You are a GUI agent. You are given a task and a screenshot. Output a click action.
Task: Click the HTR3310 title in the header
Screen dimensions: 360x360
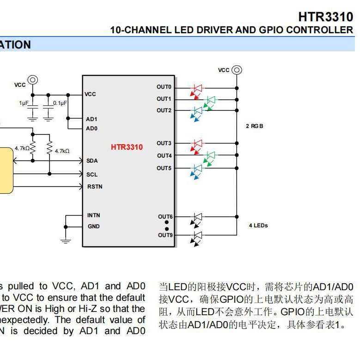[x=325, y=17]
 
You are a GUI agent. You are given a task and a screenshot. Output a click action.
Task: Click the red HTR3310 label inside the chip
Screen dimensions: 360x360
[x=127, y=147]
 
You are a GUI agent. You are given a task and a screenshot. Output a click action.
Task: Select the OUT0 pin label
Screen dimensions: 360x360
[x=164, y=87]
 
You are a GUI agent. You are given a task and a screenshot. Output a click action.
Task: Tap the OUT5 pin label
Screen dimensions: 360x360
[x=164, y=168]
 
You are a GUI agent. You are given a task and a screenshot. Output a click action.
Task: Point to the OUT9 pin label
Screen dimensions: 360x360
[x=165, y=235]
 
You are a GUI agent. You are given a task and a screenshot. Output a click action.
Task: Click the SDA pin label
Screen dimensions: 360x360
[x=92, y=161]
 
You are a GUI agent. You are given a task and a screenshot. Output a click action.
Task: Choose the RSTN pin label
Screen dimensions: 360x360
[x=95, y=187]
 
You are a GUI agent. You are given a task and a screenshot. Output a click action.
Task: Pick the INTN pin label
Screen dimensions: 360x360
[x=93, y=215]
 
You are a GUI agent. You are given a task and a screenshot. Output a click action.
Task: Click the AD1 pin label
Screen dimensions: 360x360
[x=92, y=119]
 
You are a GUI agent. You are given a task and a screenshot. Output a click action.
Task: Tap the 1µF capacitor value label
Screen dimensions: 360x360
[x=24, y=103]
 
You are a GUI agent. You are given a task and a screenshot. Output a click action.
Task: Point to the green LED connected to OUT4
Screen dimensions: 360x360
[x=210, y=155]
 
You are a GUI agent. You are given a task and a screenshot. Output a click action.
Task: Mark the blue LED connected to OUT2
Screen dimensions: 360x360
[x=198, y=111]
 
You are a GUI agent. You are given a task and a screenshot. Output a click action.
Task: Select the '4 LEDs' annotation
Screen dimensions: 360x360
[x=258, y=226]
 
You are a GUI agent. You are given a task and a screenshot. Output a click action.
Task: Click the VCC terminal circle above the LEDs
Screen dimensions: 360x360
[x=237, y=70]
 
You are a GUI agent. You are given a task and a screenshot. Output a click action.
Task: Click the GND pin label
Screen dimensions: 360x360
[x=93, y=226]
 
